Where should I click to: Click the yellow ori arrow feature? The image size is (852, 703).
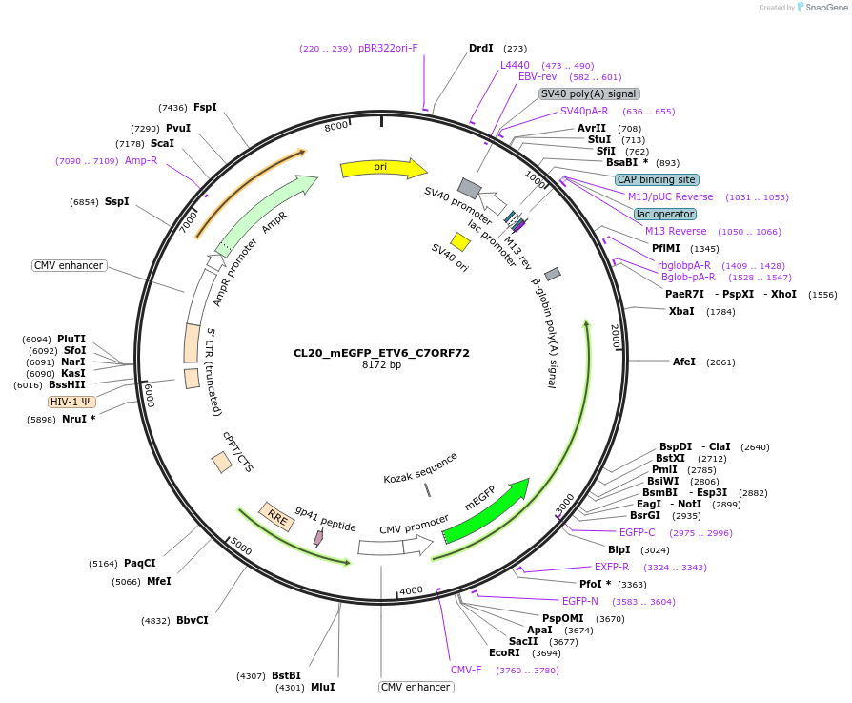click(381, 168)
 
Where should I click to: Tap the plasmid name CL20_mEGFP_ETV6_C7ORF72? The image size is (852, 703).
click(381, 353)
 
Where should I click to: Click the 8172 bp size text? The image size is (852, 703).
click(381, 365)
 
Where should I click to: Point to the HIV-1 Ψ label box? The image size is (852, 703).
click(72, 402)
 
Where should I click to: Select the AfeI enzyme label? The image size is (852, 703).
click(684, 362)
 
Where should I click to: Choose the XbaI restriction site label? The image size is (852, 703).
click(681, 312)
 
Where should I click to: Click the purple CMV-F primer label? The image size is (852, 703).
click(466, 670)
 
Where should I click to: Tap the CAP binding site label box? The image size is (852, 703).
click(657, 179)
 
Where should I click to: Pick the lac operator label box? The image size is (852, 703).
click(665, 214)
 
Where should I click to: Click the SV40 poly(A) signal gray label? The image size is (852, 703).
click(589, 93)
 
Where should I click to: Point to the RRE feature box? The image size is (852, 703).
click(277, 517)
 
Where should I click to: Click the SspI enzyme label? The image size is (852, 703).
click(116, 202)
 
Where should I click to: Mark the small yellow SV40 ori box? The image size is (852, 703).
click(460, 242)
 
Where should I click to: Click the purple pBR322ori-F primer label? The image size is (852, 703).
click(388, 48)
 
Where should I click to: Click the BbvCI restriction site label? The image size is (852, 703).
click(192, 620)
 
